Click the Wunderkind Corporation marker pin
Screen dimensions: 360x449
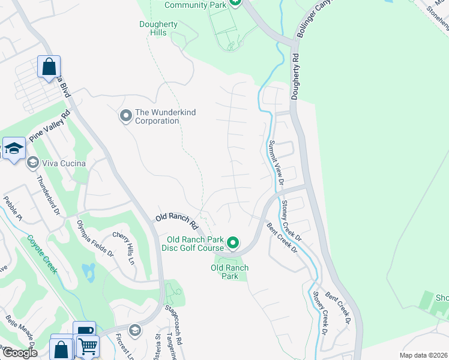click(x=125, y=115)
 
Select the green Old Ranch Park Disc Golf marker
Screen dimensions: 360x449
click(x=233, y=243)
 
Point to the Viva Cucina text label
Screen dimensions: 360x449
click(x=64, y=163)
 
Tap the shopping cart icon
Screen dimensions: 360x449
click(x=87, y=346)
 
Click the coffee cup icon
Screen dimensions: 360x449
click(x=84, y=331)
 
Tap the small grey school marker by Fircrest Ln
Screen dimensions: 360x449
click(x=136, y=329)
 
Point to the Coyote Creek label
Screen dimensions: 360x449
click(x=42, y=254)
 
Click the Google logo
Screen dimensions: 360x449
click(x=19, y=352)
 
